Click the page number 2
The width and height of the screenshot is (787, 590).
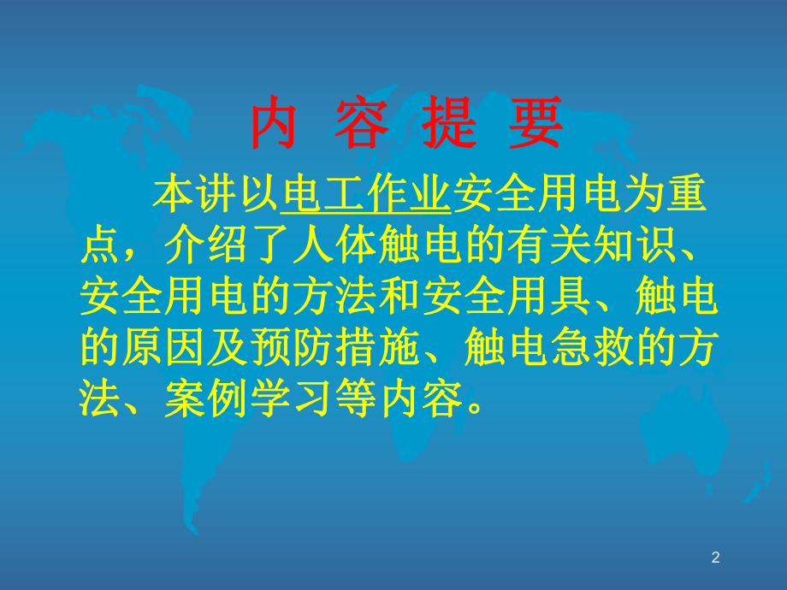716,558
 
